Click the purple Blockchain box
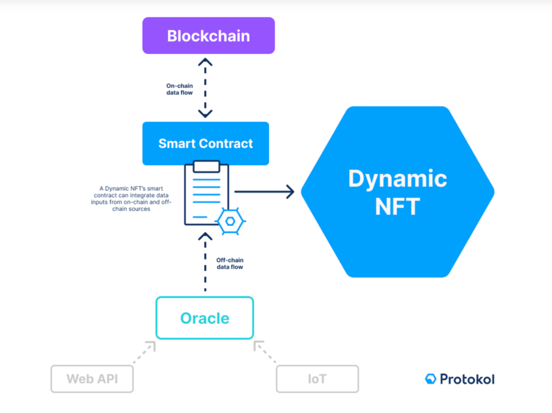point(209,36)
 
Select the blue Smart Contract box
point(205,143)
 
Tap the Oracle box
point(204,318)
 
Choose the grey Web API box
point(92,379)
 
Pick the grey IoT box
point(317,379)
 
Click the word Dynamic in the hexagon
point(397,178)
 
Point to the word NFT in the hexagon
point(397,206)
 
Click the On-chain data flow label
point(180,89)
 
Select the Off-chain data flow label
point(230,263)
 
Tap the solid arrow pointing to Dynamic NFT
point(264,192)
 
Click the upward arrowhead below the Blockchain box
point(205,63)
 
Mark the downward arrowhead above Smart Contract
point(205,113)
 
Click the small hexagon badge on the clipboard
point(230,221)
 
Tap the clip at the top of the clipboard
point(206,166)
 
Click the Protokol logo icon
point(431,379)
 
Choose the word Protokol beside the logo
point(467,379)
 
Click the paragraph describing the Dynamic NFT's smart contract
point(131,198)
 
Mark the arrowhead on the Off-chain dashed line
point(205,236)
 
